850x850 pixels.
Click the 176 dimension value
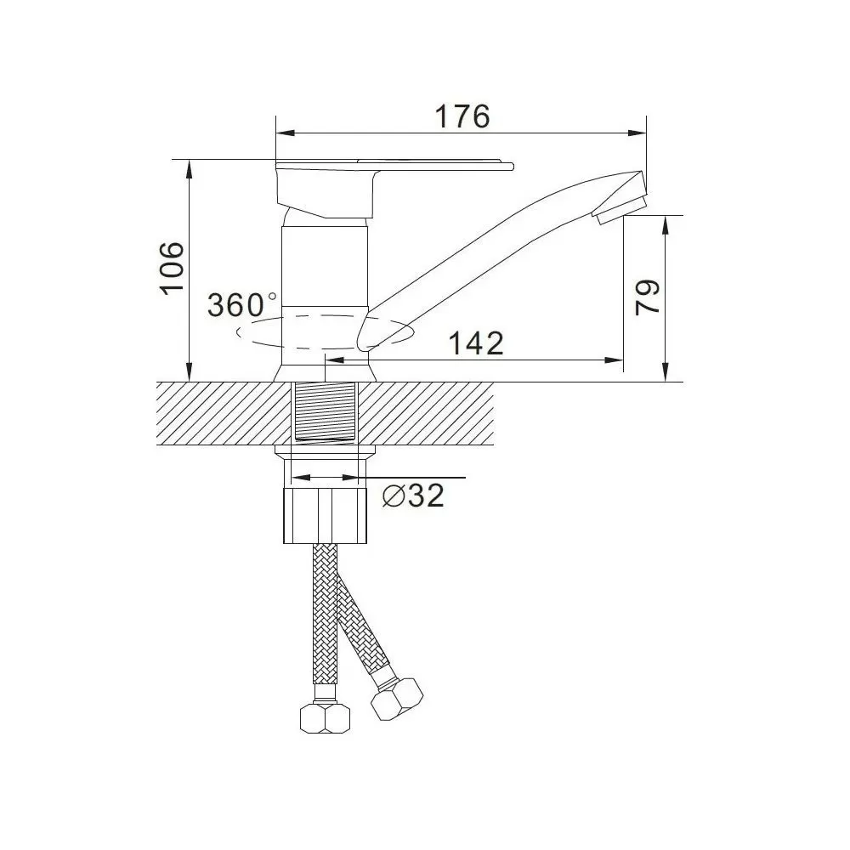click(x=462, y=116)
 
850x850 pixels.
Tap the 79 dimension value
click(x=647, y=297)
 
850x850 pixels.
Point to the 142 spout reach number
click(x=477, y=343)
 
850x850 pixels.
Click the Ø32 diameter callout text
click(x=413, y=496)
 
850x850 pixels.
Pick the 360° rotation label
click(x=241, y=304)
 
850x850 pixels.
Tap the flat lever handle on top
click(x=394, y=165)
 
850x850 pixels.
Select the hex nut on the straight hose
click(x=326, y=718)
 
